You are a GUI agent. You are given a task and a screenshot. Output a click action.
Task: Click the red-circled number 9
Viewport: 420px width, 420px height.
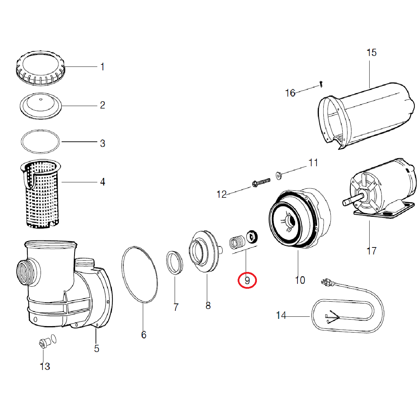coord(247,281)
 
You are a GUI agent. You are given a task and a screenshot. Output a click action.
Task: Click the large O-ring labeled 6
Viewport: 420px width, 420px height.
coord(139,274)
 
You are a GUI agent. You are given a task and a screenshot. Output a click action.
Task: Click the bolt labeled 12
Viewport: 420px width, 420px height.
coord(261,182)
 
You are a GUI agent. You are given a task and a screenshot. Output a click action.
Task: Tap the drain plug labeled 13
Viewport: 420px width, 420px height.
coord(43,343)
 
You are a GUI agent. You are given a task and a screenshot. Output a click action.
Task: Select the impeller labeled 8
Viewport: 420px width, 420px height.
coord(203,251)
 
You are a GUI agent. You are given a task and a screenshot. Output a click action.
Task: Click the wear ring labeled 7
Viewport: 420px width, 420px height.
coord(174,262)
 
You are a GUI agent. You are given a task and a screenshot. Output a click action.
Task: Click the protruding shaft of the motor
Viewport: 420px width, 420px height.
coord(350,202)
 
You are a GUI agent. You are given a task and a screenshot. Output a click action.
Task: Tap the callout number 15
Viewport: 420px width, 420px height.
coord(371,53)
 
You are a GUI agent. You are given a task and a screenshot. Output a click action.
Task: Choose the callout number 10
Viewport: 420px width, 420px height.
coord(300,280)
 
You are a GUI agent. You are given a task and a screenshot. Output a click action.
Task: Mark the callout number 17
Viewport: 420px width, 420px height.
coord(371,251)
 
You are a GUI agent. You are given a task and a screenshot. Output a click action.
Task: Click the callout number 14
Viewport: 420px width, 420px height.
coord(281,315)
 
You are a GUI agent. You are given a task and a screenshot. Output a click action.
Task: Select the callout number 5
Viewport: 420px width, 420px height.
coord(97,349)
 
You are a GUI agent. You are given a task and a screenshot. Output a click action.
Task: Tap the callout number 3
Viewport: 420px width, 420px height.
coord(103,143)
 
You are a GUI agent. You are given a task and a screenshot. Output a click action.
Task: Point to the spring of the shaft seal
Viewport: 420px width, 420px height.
coord(237,241)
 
